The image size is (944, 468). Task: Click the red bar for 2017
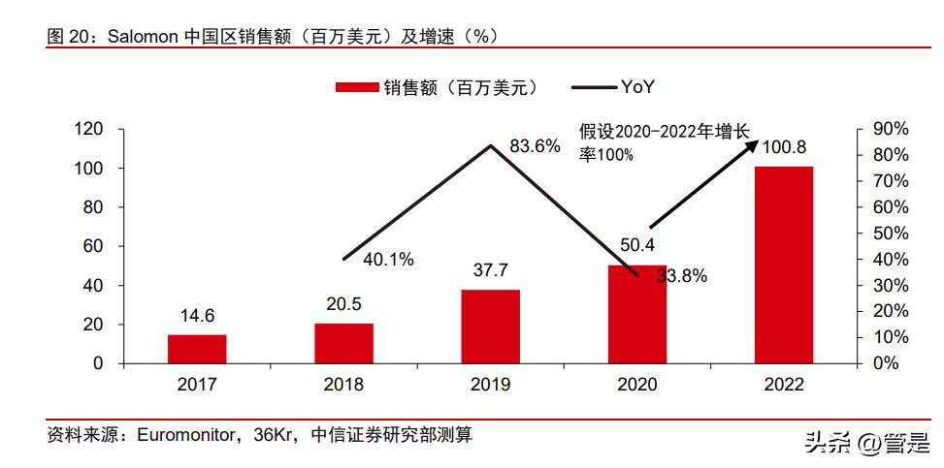197,349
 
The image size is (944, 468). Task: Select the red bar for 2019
490,327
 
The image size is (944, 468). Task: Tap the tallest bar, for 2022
784,265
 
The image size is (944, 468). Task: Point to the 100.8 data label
784,147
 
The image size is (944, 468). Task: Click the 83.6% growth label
535,146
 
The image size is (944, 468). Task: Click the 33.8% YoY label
681,276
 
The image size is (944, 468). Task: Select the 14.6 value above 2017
197,316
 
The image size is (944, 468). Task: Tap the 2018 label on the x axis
343,384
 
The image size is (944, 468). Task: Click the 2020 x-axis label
637,384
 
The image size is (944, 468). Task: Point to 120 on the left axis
89,129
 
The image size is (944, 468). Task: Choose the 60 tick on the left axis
94,246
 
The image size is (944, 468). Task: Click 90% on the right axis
890,129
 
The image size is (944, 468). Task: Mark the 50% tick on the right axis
890,234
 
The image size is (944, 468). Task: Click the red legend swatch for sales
356,88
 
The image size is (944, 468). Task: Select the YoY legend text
638,87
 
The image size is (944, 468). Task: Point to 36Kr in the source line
274,436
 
